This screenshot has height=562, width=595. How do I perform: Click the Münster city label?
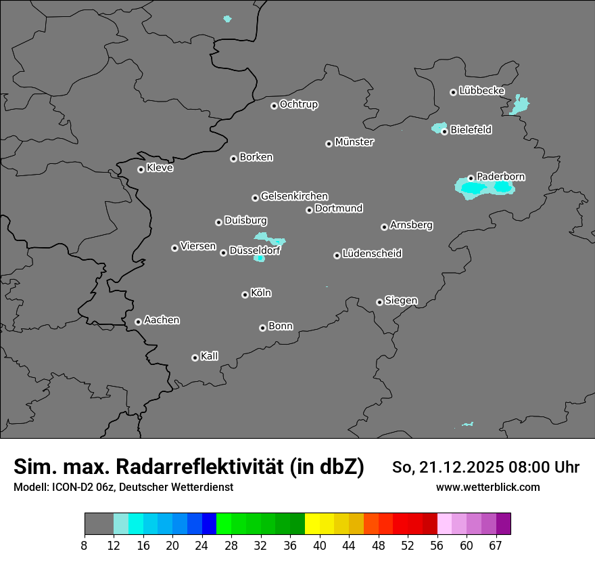[354, 142]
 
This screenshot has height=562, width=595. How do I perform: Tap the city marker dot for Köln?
[245, 295]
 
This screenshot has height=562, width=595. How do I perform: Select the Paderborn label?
[500, 177]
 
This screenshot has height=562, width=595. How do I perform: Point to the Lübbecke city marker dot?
[453, 92]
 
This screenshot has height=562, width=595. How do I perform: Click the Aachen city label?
[162, 320]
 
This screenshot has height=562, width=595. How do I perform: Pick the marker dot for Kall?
[195, 358]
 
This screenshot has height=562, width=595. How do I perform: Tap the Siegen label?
[401, 301]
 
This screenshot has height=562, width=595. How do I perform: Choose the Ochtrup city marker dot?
[274, 106]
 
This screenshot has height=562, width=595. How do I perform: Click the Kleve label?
[160, 168]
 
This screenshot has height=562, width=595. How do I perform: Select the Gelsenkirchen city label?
[294, 196]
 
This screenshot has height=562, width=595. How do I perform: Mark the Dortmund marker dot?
[309, 210]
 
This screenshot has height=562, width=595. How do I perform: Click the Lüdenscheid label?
[372, 254]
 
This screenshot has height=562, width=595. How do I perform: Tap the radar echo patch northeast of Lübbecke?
[520, 105]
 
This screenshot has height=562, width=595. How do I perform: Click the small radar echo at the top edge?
[227, 19]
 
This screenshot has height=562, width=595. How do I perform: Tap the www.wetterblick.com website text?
[487, 488]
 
